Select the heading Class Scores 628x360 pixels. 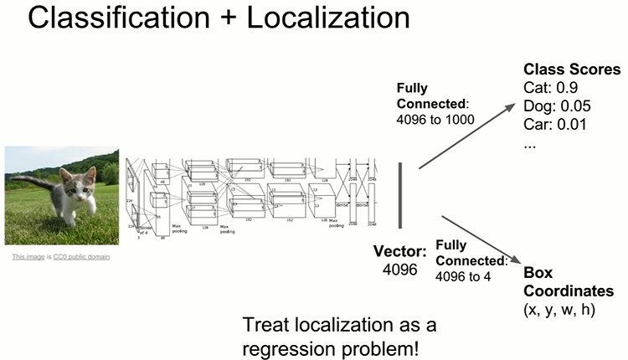pyautogui.click(x=572, y=69)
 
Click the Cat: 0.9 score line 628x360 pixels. pyautogui.click(x=551, y=87)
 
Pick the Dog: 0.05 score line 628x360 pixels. pyautogui.click(x=558, y=105)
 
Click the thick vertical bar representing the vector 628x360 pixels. pyautogui.click(x=401, y=196)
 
